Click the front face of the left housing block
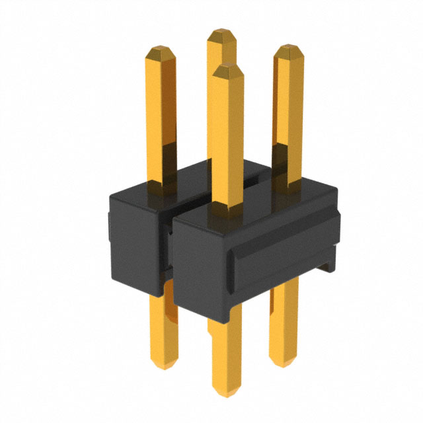(135, 245)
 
